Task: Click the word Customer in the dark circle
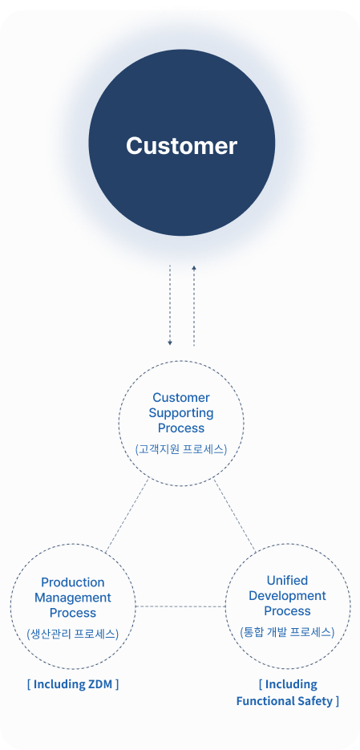point(181,146)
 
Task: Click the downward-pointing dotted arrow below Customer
point(170,305)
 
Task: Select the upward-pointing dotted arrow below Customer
point(193,305)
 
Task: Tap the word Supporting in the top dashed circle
point(181,413)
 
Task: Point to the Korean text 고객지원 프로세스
point(181,450)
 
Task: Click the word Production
point(73,582)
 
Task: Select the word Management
point(73,598)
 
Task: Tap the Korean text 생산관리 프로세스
point(73,634)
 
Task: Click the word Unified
point(287,580)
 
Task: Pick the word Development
point(287,596)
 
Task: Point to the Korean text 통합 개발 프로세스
point(287,632)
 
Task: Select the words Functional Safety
point(284,701)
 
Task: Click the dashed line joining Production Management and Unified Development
point(180,606)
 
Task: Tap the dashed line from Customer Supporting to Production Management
point(127,516)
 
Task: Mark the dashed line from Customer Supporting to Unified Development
point(234,514)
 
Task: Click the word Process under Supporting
point(181,428)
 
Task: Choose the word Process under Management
point(73,613)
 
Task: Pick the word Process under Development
point(287,610)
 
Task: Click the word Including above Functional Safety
point(291,684)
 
